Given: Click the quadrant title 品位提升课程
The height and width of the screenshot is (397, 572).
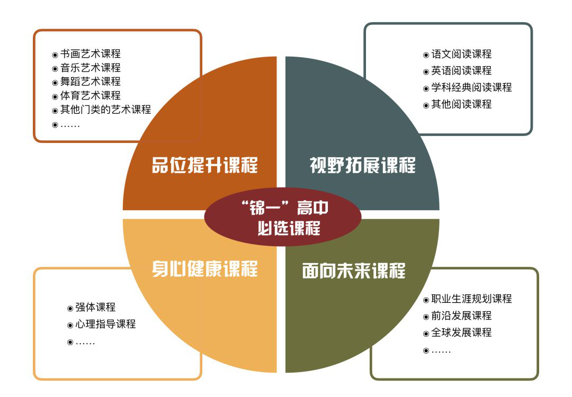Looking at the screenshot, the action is click(204, 165).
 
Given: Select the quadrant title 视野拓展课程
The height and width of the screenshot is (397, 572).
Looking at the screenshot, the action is click(363, 165).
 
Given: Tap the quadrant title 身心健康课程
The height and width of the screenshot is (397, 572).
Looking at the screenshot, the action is click(204, 269).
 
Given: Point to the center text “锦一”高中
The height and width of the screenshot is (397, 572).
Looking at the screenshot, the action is click(285, 208).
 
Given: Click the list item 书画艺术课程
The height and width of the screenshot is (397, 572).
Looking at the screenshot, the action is click(91, 54).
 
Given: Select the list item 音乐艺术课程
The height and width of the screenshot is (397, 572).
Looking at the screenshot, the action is click(91, 68).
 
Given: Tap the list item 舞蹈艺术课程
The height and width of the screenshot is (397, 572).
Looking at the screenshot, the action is click(91, 82).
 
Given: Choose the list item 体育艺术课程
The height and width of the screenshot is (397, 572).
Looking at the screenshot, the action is click(91, 95).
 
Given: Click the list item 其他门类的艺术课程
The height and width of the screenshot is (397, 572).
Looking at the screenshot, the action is click(105, 110).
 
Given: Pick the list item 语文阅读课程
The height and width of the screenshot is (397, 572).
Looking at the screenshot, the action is click(461, 55).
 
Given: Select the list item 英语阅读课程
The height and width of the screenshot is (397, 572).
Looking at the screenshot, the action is click(461, 71).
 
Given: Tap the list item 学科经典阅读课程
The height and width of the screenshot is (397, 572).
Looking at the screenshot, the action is click(472, 87).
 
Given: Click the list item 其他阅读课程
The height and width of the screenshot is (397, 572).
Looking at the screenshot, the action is click(461, 104).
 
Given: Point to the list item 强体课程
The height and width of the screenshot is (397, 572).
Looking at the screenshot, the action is click(95, 308).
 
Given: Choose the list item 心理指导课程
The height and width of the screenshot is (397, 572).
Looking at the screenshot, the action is click(106, 324).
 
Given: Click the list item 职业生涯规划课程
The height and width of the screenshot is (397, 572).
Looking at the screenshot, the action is click(472, 299).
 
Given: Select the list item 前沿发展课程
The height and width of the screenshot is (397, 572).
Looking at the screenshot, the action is click(461, 315).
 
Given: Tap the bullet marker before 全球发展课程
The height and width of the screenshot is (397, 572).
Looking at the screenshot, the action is click(426, 333).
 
